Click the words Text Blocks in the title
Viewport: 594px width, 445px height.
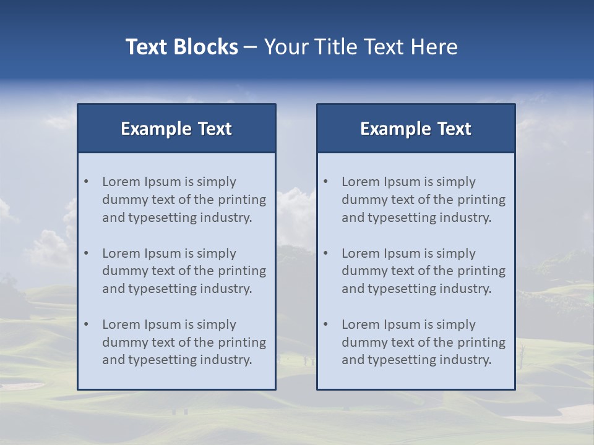181,47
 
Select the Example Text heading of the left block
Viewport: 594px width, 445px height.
176,129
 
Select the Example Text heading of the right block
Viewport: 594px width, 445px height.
416,129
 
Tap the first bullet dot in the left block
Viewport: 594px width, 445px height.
87,182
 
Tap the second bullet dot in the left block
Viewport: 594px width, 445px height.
87,253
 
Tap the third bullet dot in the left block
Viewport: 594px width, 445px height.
87,324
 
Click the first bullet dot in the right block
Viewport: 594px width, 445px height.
326,182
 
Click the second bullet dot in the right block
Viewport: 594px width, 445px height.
326,253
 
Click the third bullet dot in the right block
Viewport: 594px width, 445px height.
326,324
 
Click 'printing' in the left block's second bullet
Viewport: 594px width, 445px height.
243,271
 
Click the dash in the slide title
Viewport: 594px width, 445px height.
251,47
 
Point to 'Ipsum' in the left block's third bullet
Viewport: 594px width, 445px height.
163,324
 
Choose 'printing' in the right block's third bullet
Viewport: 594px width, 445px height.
482,342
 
